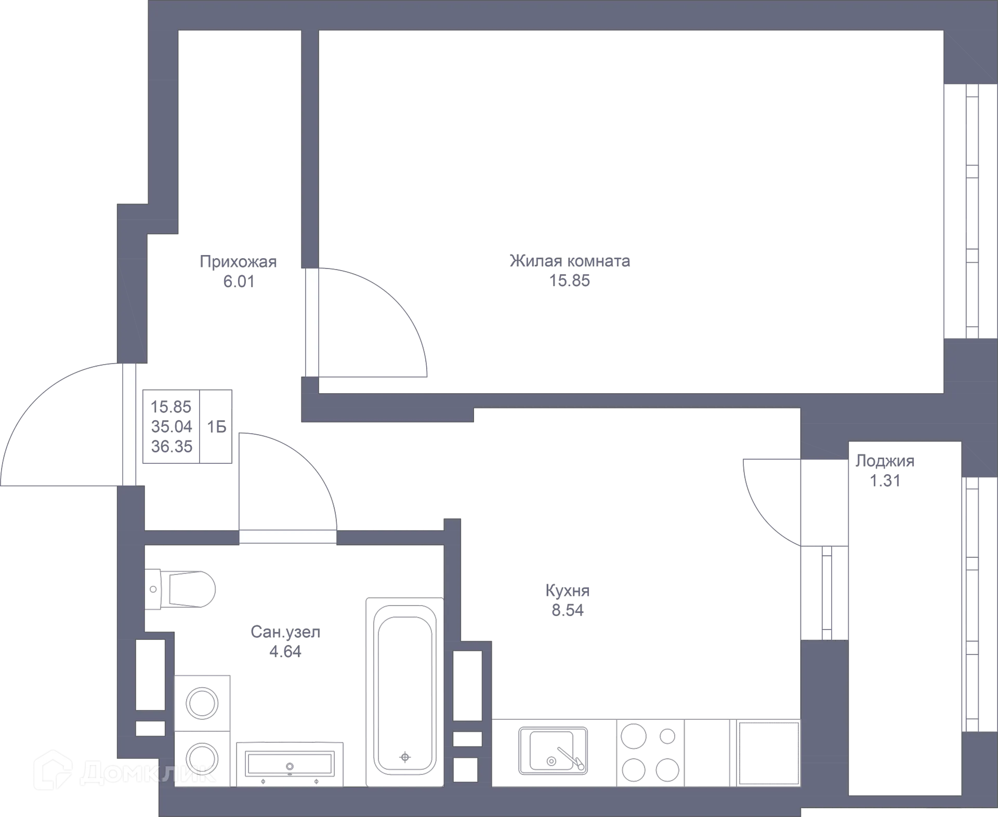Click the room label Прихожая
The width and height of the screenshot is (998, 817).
238,261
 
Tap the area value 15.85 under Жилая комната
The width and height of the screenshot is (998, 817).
570,281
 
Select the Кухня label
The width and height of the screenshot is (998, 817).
568,591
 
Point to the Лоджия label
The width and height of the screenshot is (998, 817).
885,461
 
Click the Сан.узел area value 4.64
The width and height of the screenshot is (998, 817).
285,651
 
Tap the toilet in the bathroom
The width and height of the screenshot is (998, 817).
180,589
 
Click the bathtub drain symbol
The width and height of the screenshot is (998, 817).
405,757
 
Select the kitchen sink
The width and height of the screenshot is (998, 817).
553,751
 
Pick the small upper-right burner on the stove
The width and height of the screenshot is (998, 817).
667,736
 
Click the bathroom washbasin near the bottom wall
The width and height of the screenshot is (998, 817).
290,764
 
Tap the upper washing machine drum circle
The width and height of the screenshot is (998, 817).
202,704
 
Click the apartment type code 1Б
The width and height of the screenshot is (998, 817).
216,427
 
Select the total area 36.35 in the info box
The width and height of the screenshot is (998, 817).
172,446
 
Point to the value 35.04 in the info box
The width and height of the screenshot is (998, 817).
172,426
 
